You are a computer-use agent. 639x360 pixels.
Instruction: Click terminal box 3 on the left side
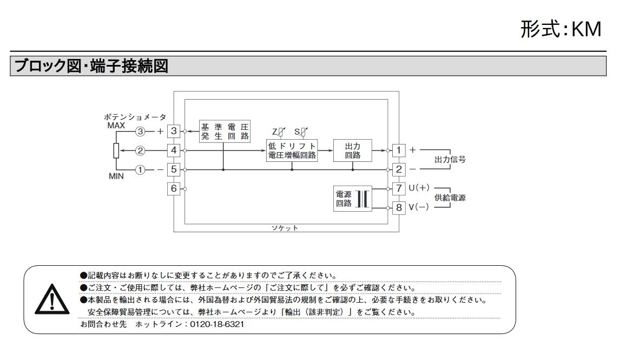pyautogui.click(x=174, y=132)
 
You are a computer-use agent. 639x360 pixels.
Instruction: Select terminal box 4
pyautogui.click(x=174, y=150)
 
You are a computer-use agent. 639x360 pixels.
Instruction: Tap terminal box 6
pyautogui.click(x=174, y=188)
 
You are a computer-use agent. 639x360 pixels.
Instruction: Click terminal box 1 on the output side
pyautogui.click(x=399, y=150)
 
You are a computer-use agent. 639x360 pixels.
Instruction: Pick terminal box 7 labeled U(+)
pyautogui.click(x=399, y=188)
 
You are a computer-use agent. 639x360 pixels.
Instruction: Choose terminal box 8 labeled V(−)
pyautogui.click(x=399, y=207)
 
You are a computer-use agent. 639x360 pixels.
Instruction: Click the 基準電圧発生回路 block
pyautogui.click(x=225, y=132)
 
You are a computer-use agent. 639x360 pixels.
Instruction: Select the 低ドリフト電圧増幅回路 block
pyautogui.click(x=292, y=150)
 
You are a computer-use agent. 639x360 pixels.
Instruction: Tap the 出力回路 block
pyautogui.click(x=353, y=150)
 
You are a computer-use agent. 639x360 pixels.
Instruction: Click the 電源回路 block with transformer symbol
pyautogui.click(x=353, y=199)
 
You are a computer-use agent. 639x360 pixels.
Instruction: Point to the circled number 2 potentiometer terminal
pyautogui.click(x=140, y=150)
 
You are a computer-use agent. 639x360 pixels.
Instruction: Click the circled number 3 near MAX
pyautogui.click(x=140, y=132)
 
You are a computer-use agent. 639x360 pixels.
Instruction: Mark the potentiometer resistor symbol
pyautogui.click(x=116, y=150)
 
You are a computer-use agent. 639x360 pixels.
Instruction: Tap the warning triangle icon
pyautogui.click(x=52, y=300)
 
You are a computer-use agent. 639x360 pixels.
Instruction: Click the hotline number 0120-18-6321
pyautogui.click(x=217, y=324)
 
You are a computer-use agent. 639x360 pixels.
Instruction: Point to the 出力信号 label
pyautogui.click(x=450, y=159)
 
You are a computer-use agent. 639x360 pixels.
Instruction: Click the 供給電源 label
pyautogui.click(x=450, y=198)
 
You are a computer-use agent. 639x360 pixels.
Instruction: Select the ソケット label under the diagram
pyautogui.click(x=285, y=228)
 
